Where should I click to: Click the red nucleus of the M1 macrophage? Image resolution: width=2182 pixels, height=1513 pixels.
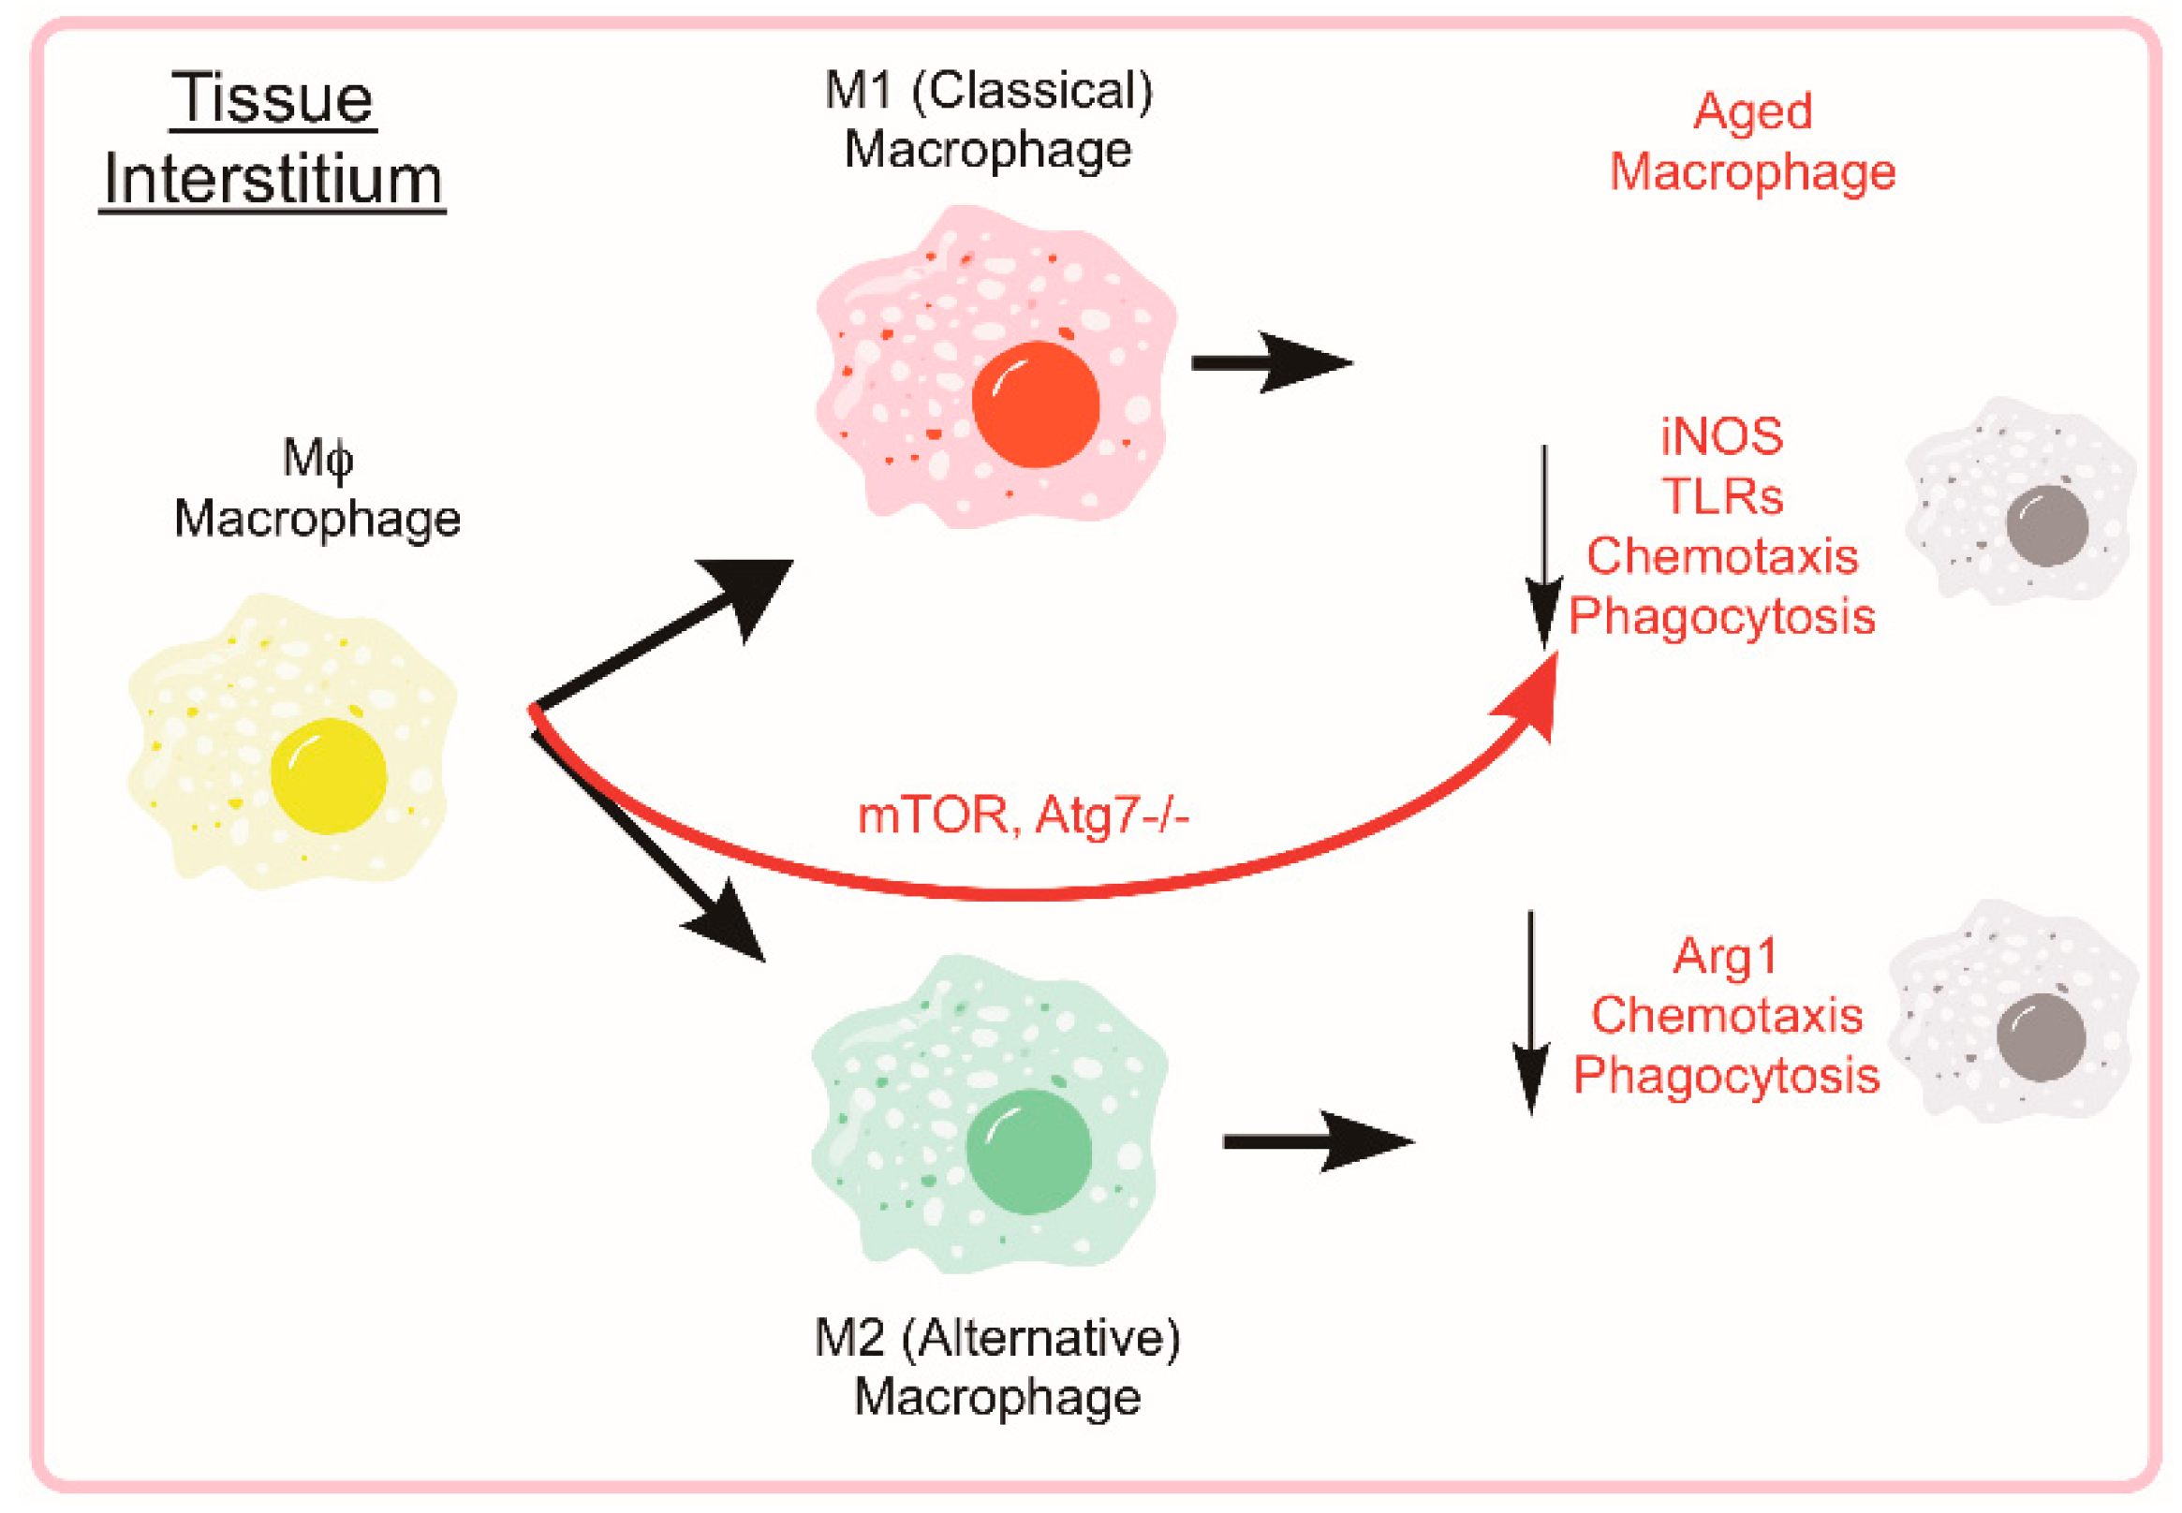(1035, 404)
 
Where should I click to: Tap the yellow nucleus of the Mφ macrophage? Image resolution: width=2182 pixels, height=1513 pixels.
(328, 775)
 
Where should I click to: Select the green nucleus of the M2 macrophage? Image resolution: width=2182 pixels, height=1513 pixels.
(1028, 1151)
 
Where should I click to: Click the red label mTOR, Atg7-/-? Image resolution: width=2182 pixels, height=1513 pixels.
(1023, 815)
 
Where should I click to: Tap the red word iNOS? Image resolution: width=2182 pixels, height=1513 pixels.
(1721, 436)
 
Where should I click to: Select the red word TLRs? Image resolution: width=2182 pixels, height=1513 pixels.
(1721, 496)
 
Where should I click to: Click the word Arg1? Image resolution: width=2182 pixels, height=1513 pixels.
(1724, 956)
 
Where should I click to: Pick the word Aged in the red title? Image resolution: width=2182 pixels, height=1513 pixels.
(1752, 110)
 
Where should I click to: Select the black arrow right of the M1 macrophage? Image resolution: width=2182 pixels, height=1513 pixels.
(1271, 362)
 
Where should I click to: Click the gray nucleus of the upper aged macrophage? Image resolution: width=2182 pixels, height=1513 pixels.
(2046, 525)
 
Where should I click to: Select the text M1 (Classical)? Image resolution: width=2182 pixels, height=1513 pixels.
(988, 91)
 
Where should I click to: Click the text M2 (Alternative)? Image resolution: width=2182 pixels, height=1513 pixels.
(996, 1338)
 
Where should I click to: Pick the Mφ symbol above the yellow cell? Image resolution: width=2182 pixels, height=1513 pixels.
(317, 459)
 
